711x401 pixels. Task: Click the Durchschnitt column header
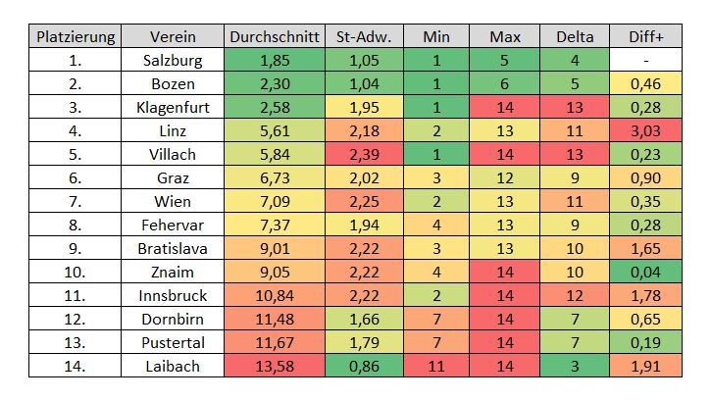tap(275, 37)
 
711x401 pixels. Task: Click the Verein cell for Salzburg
tap(173, 61)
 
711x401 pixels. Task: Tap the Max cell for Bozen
tap(505, 84)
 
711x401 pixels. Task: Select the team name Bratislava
tap(173, 248)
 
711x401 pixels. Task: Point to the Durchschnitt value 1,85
tap(275, 61)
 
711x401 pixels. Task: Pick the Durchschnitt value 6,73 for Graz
tap(275, 177)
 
